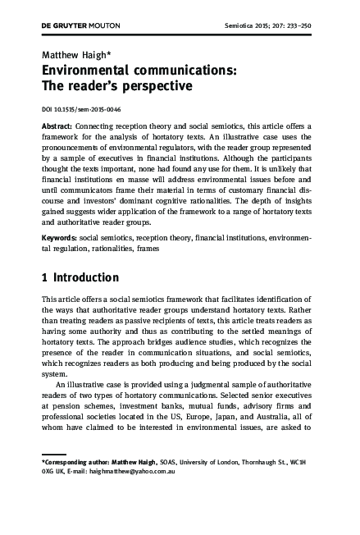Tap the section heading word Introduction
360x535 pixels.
pyautogui.click(x=86, y=277)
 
